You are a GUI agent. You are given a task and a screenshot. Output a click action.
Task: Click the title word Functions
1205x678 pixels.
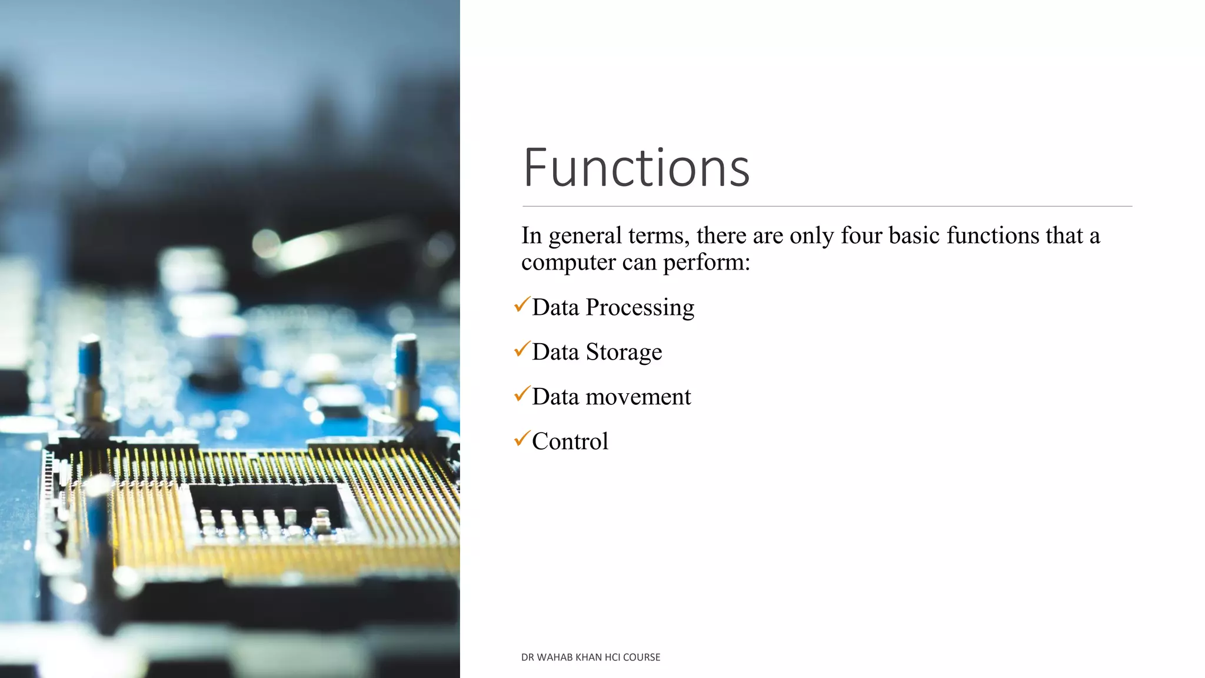[x=636, y=168]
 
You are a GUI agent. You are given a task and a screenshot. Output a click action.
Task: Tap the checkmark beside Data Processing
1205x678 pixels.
[x=522, y=304]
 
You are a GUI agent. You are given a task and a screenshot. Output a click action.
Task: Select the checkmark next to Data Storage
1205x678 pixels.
[x=522, y=349]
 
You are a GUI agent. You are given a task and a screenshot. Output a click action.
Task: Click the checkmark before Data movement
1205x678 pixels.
[x=522, y=394]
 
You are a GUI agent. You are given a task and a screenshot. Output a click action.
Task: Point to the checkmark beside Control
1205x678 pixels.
[x=522, y=438]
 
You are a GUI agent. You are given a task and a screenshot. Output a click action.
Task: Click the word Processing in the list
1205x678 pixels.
[x=640, y=308]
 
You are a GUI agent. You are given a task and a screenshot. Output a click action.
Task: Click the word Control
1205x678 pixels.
[x=570, y=441]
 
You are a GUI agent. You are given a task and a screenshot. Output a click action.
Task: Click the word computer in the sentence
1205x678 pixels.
[x=568, y=262]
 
